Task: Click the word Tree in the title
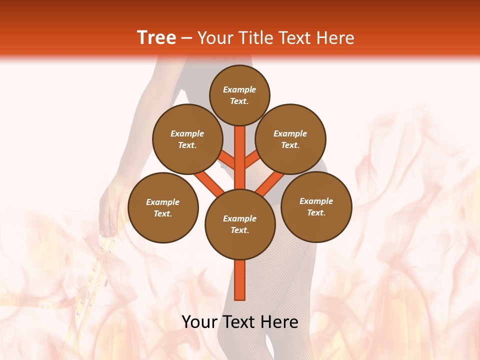[x=156, y=38]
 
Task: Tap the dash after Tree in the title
[x=186, y=38]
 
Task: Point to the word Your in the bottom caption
[x=200, y=322]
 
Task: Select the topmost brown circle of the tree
[x=239, y=95]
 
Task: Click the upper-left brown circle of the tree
[x=187, y=139]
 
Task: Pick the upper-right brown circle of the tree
[x=290, y=139]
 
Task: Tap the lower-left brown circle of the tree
[x=163, y=207]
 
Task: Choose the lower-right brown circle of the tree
[x=316, y=207]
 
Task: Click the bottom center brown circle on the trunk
[x=240, y=224]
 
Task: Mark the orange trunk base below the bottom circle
[x=240, y=280]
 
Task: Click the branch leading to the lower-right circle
[x=270, y=182]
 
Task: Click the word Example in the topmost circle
[x=239, y=89]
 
